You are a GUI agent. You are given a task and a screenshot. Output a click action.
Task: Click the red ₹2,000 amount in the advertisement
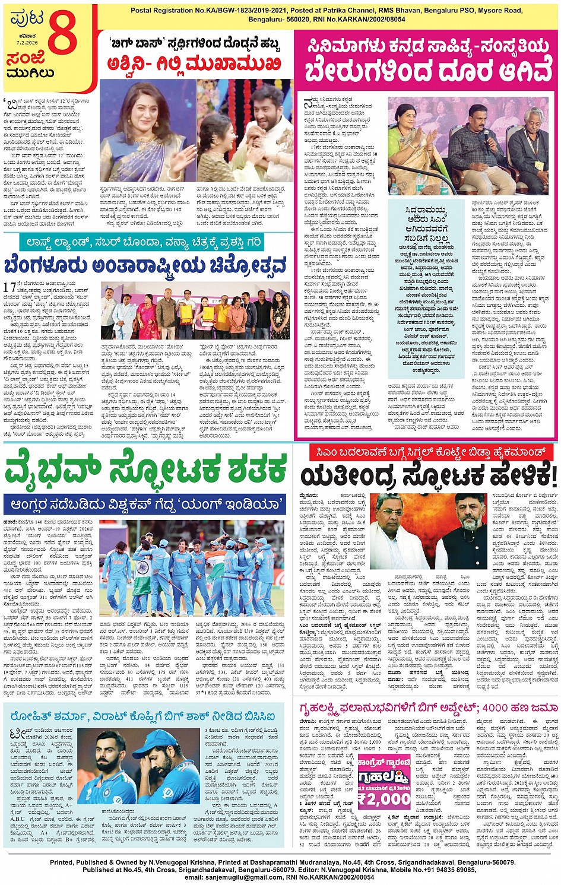384,798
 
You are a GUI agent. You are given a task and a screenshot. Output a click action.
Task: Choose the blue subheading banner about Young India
145,505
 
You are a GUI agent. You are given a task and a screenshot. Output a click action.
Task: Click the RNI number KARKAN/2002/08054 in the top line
365,19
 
